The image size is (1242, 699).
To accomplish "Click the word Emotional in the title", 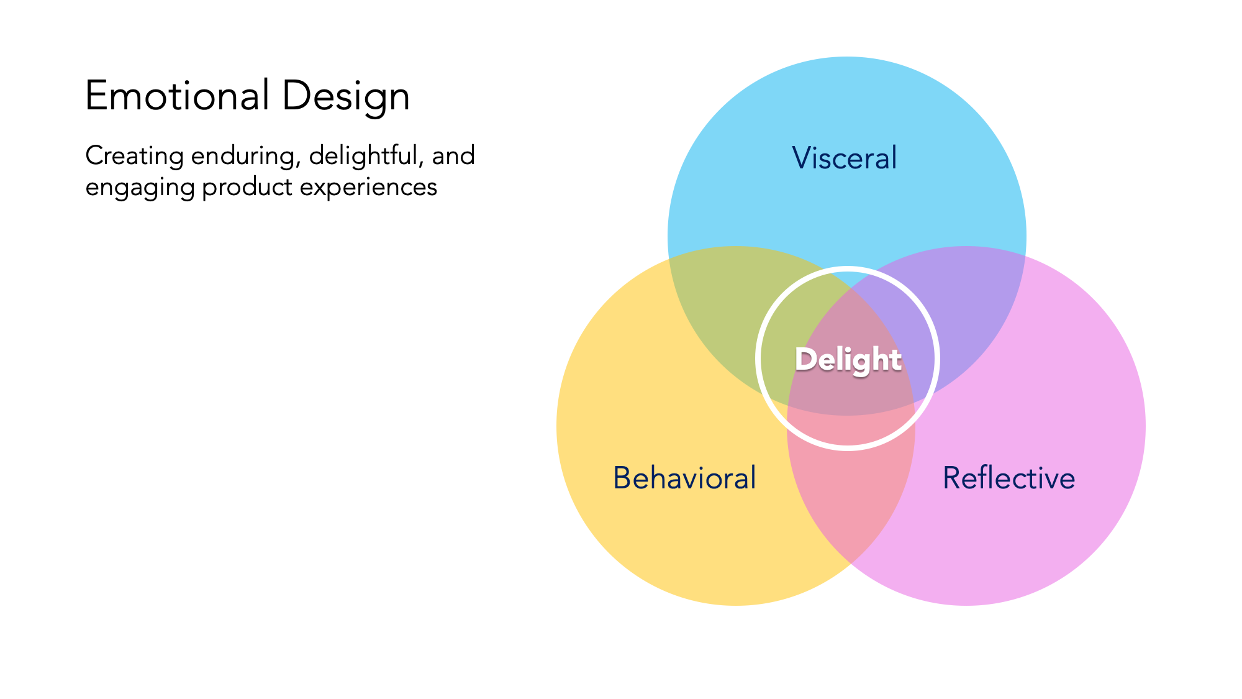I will pos(176,96).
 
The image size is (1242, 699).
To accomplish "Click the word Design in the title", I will pos(345,96).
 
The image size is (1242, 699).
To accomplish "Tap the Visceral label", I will pos(844,158).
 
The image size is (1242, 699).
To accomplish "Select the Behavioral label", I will pos(684,478).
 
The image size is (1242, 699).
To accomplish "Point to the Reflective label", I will pos(1009,478).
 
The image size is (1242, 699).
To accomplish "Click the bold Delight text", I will pos(848,360).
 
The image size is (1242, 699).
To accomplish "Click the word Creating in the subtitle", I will pos(134,155).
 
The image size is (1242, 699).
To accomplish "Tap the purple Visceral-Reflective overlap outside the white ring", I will pos(975,311).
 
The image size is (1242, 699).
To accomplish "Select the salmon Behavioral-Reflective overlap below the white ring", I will pos(851,497).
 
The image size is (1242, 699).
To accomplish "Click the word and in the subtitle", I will pos(453,155).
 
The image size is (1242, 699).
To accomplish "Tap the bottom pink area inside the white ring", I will pos(848,429).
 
